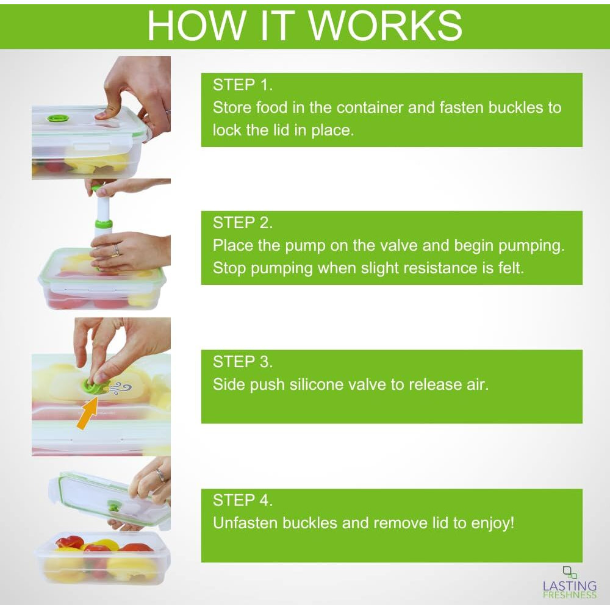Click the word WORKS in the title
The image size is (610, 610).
point(386,25)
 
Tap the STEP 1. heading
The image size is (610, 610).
point(243,85)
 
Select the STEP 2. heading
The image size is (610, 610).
point(243,223)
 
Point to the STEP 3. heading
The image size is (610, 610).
point(243,361)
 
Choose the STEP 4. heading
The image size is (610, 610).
point(243,500)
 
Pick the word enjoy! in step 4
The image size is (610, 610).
point(492,523)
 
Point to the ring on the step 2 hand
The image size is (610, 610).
point(117,249)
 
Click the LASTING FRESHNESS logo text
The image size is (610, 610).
point(570,590)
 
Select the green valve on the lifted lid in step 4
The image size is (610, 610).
point(113,507)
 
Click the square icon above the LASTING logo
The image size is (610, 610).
point(570,572)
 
